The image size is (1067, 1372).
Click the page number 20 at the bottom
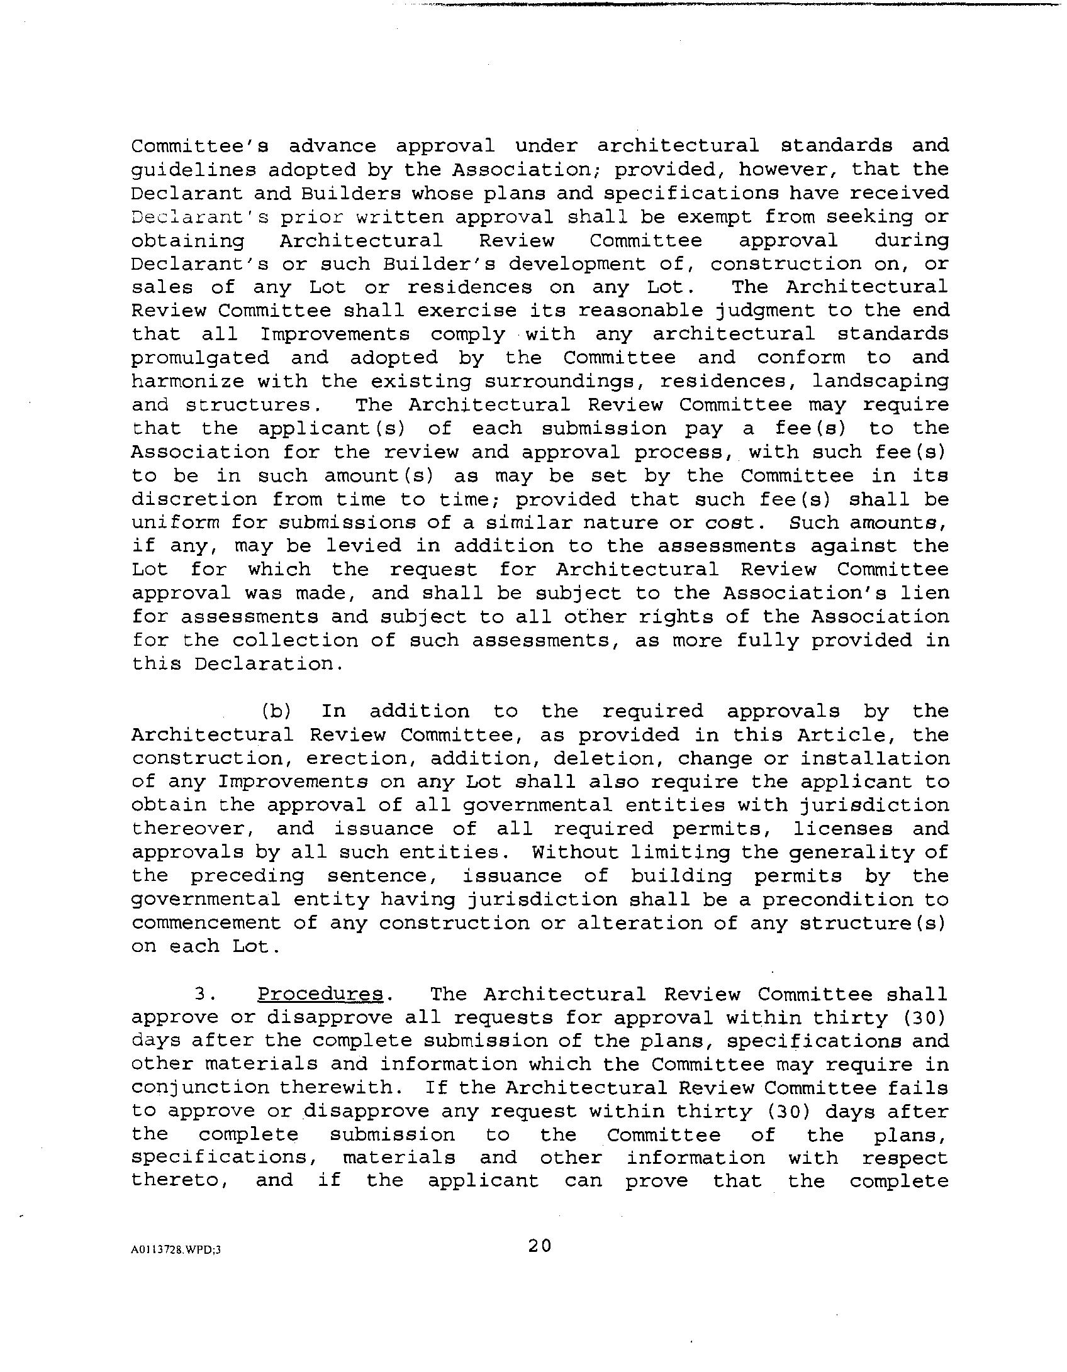[x=539, y=1246]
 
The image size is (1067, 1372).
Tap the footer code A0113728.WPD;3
[x=176, y=1250]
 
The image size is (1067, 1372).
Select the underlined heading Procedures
[x=320, y=994]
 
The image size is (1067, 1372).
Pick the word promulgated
[x=200, y=358]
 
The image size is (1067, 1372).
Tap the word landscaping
[x=880, y=381]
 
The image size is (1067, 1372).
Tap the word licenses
[x=843, y=829]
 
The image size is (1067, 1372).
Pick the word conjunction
[x=200, y=1087]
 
